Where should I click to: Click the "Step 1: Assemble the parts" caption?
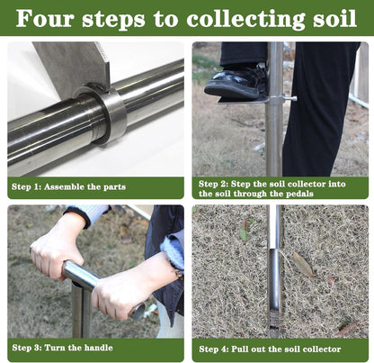pyautogui.click(x=68, y=187)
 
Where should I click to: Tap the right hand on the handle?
pyautogui.click(x=124, y=288)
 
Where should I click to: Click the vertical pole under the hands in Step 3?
pyautogui.click(x=81, y=311)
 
